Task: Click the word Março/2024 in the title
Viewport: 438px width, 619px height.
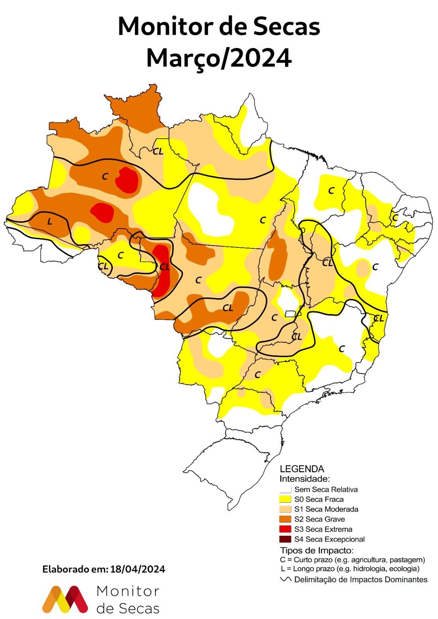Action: pyautogui.click(x=219, y=58)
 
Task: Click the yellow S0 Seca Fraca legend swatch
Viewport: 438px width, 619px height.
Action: pyautogui.click(x=285, y=499)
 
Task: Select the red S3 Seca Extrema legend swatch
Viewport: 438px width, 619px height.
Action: pyautogui.click(x=285, y=529)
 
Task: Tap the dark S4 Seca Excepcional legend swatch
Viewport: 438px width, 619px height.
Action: pyautogui.click(x=285, y=539)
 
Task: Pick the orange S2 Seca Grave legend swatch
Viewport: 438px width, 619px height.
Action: pyautogui.click(x=285, y=519)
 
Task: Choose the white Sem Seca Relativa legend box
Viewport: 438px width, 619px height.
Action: pyautogui.click(x=285, y=489)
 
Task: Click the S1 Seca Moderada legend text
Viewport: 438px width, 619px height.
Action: pyautogui.click(x=326, y=509)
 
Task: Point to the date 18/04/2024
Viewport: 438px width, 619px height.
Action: pyautogui.click(x=137, y=569)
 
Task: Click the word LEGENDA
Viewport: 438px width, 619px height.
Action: pyautogui.click(x=302, y=469)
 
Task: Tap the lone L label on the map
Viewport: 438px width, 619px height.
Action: pyautogui.click(x=49, y=222)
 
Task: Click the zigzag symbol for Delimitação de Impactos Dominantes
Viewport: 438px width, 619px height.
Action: pyautogui.click(x=286, y=580)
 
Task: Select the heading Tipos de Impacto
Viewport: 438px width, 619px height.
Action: pyautogui.click(x=317, y=550)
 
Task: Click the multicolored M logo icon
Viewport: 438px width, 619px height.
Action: pyautogui.click(x=65, y=599)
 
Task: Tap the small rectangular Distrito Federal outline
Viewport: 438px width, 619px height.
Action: pyautogui.click(x=290, y=313)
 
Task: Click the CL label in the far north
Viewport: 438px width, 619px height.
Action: pyautogui.click(x=158, y=151)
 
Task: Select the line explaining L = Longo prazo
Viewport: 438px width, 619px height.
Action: pyautogui.click(x=350, y=569)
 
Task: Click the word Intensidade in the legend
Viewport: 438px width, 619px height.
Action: pyautogui.click(x=304, y=479)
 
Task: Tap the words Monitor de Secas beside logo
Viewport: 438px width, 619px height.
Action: pyautogui.click(x=128, y=600)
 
